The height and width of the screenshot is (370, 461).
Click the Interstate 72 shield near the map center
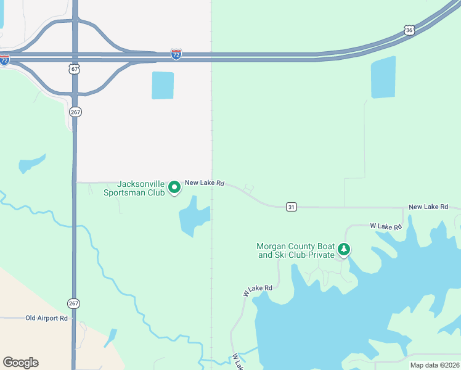point(176,55)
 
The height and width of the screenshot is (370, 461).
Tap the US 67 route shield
point(75,70)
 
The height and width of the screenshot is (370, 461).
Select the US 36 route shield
point(409,30)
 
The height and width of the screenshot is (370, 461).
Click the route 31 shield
point(291,207)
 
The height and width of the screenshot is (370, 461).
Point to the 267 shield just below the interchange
point(75,112)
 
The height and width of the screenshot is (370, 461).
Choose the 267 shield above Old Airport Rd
point(74,303)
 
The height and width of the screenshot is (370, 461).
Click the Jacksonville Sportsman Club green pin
point(174,186)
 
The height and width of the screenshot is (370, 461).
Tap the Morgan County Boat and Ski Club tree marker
point(344,250)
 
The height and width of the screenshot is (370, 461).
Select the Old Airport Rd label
point(46,318)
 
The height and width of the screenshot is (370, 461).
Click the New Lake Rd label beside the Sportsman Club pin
point(205,183)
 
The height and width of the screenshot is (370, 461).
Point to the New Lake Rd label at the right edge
point(428,207)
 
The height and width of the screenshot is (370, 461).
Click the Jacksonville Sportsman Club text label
point(141,188)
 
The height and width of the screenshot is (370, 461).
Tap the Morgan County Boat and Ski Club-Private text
point(295,250)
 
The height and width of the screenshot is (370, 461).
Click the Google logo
point(20,363)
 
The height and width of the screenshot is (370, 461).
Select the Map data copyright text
point(434,365)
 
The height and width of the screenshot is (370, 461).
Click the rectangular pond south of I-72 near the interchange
point(163,85)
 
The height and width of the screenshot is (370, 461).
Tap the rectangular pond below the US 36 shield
point(383,77)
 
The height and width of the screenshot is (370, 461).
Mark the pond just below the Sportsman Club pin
point(194,216)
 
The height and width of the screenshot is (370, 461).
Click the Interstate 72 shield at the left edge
point(4,60)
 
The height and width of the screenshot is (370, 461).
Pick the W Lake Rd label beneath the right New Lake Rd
point(386,228)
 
